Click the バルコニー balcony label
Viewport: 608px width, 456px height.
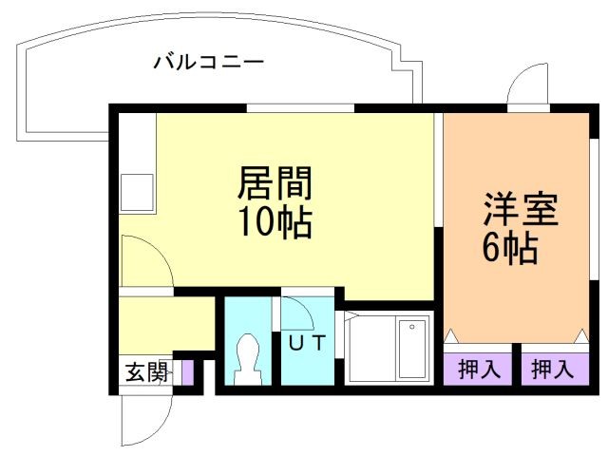[x=209, y=64]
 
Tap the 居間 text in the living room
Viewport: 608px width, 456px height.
[x=275, y=180]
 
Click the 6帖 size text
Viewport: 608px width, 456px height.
[x=510, y=249]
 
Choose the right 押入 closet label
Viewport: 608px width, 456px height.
[x=552, y=370]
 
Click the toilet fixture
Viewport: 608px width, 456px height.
[x=250, y=358]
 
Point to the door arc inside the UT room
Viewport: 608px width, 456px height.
[x=297, y=313]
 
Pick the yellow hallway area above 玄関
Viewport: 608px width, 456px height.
[x=161, y=323]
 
